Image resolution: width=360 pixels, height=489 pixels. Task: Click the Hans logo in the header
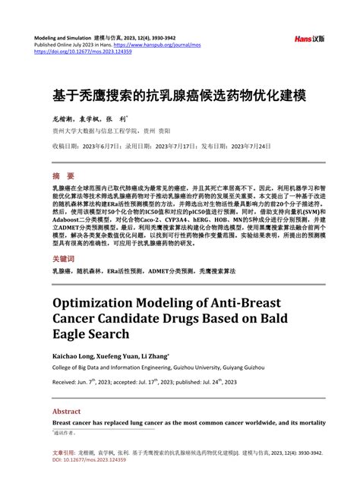click(x=310, y=38)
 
